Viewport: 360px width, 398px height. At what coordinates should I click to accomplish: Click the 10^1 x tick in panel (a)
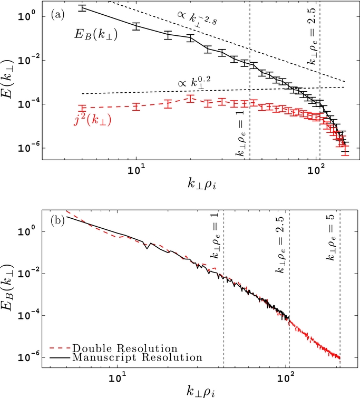coord(137,171)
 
